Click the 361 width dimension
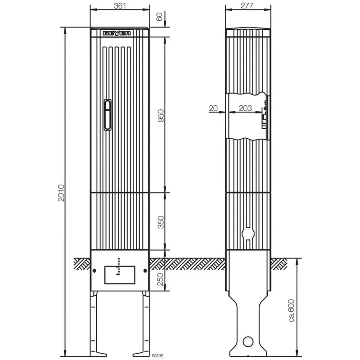[x=120, y=6]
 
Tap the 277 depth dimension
[x=247, y=6]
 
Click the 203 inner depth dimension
[x=245, y=108]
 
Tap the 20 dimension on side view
[x=213, y=108]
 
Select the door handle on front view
[x=107, y=115]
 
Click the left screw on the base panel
[x=94, y=270]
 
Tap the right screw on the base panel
[x=144, y=270]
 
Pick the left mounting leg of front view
[x=96, y=322]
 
